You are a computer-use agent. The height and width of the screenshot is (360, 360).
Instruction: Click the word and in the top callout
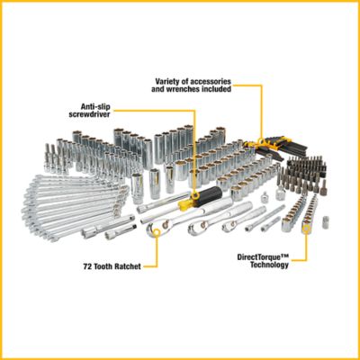(x=162, y=90)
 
